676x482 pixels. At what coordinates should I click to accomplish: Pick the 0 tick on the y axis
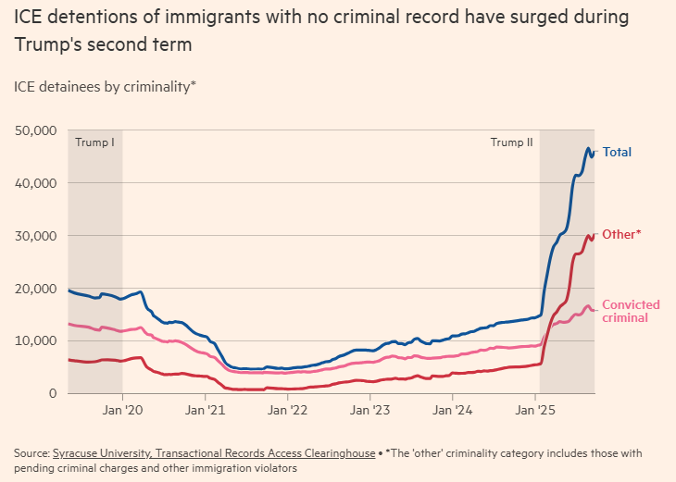point(54,394)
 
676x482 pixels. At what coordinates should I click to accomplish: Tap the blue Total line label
point(618,153)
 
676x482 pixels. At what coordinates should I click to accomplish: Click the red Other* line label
point(620,235)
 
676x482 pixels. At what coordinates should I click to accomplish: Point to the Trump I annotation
point(95,142)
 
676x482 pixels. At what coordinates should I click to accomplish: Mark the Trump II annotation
point(511,142)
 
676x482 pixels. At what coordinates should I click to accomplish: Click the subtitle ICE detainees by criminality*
point(105,87)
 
